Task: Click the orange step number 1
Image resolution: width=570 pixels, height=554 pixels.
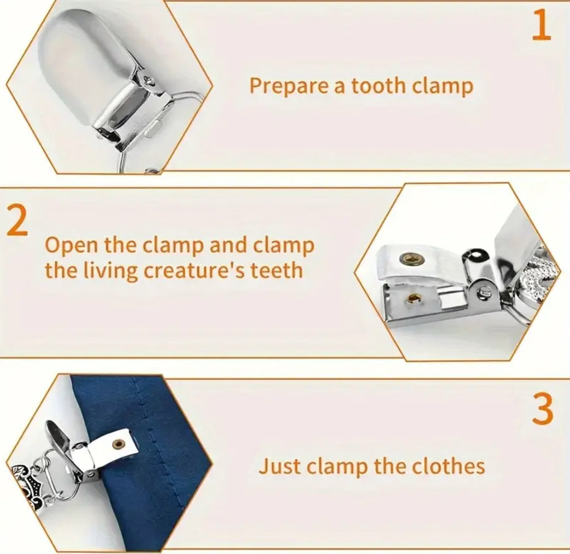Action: (x=541, y=25)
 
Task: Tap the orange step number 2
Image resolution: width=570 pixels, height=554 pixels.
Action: (x=17, y=220)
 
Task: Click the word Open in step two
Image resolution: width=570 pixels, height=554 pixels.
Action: (x=72, y=246)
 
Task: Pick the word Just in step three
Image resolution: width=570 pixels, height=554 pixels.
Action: (x=280, y=466)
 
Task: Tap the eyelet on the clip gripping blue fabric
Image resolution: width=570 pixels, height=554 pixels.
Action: (x=119, y=443)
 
